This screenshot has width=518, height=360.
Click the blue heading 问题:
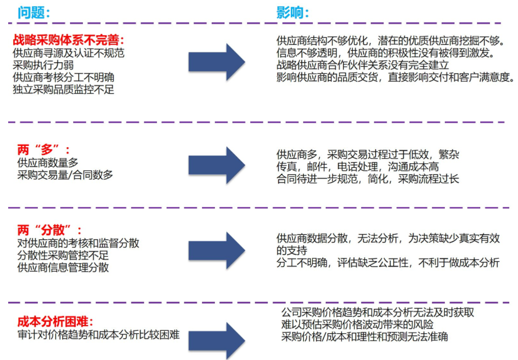click(34, 13)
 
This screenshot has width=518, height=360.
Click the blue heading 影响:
click(292, 13)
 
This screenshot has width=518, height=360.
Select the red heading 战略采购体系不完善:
click(69, 40)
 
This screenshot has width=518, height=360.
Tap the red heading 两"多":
click(43, 150)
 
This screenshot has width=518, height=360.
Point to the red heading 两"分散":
click(50, 230)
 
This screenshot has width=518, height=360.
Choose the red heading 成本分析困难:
click(56, 321)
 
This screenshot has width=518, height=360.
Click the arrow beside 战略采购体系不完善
click(217, 62)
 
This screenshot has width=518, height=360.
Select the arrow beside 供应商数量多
click(217, 165)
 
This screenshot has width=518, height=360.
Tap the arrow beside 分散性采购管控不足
click(217, 251)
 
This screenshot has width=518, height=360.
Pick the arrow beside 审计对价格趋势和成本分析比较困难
click(217, 341)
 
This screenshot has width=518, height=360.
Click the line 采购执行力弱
click(43, 65)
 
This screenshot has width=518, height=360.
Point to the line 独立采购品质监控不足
click(63, 89)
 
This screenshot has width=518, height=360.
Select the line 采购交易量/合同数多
click(65, 175)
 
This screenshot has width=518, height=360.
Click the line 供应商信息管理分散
click(63, 267)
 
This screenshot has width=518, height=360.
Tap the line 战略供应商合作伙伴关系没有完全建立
click(363, 65)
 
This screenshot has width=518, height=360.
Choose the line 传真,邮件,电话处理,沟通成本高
click(357, 167)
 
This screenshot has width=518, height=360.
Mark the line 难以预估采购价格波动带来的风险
click(357, 324)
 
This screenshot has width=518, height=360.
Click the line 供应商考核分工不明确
click(63, 77)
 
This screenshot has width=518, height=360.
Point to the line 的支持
click(291, 251)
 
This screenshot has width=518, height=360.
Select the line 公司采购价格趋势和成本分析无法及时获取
click(377, 312)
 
